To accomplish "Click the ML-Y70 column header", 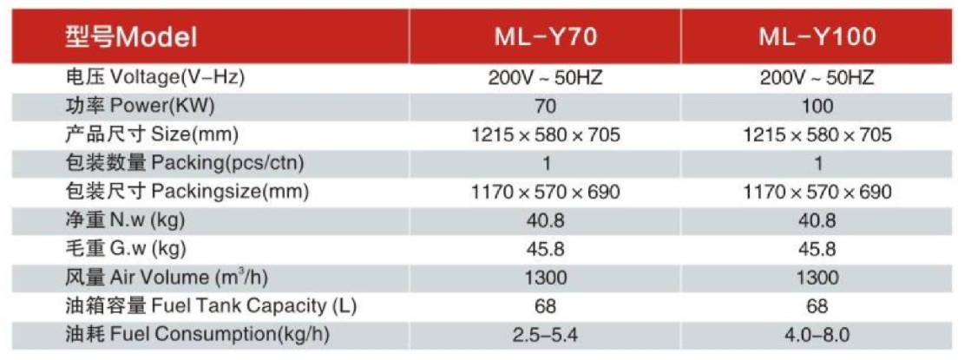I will pyautogui.click(x=546, y=37).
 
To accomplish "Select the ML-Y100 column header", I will pyautogui.click(x=817, y=37).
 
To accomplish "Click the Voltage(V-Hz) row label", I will pyautogui.click(x=156, y=77).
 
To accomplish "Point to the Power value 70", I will pyautogui.click(x=546, y=107).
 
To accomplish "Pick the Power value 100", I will pyautogui.click(x=817, y=107).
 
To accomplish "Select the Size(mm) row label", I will pyautogui.click(x=152, y=135).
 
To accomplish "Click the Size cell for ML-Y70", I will pyautogui.click(x=546, y=135).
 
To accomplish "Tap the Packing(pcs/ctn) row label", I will pyautogui.click(x=186, y=163).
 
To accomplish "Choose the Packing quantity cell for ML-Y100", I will pyautogui.click(x=817, y=163).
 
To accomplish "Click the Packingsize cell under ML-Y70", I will pyautogui.click(x=546, y=192).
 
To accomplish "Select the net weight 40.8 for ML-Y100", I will pyautogui.click(x=817, y=220).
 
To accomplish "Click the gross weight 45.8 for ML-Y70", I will pyautogui.click(x=546, y=249).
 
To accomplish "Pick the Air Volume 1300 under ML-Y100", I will pyautogui.click(x=817, y=278).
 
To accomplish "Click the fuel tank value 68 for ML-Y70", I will pyautogui.click(x=546, y=306).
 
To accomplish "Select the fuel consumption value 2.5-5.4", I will pyautogui.click(x=546, y=335).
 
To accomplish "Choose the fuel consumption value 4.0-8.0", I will pyautogui.click(x=817, y=335).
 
